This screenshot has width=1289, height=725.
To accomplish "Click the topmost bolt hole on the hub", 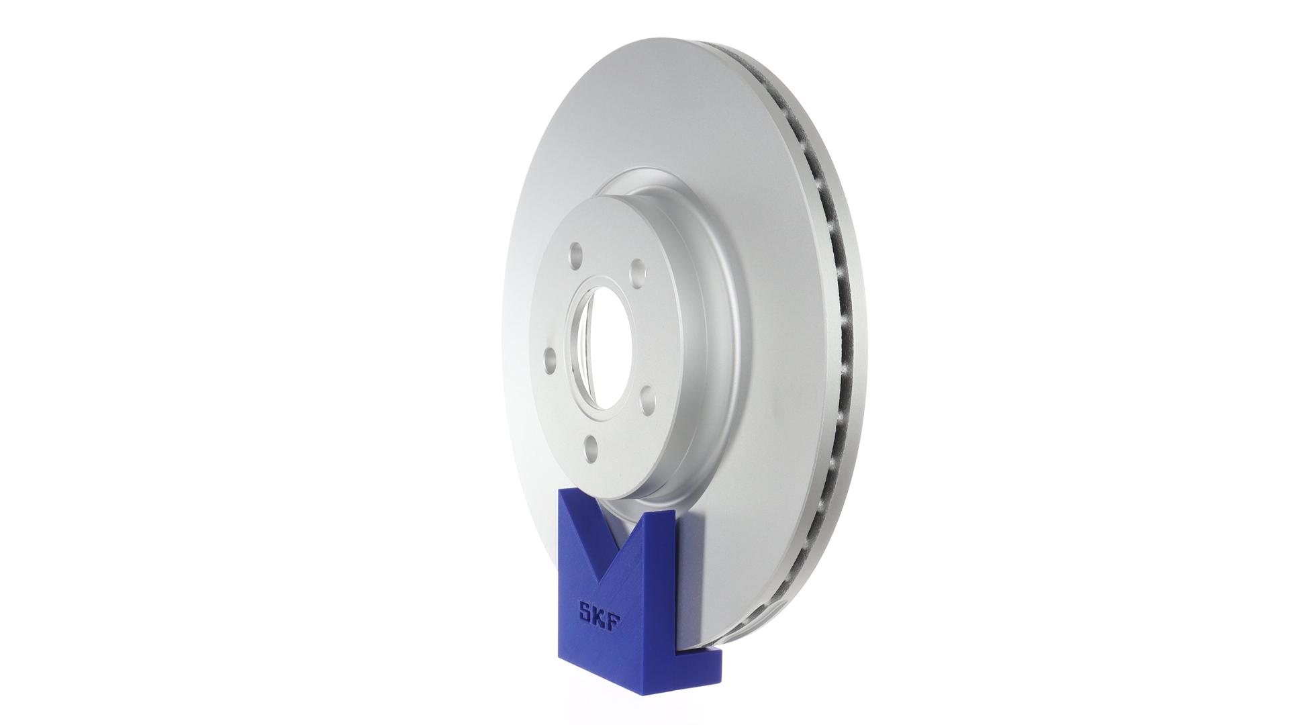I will [x=575, y=254].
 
